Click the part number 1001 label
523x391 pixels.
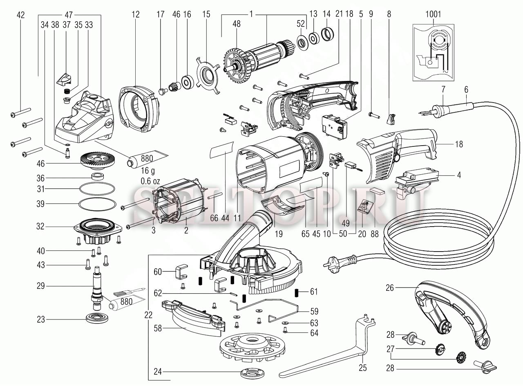point(434,14)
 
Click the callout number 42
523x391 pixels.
point(20,15)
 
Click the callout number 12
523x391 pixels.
point(136,15)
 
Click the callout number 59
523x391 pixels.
point(314,310)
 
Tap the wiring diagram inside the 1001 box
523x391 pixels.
point(434,52)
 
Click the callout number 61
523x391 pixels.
point(314,292)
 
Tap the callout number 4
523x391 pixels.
point(459,175)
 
